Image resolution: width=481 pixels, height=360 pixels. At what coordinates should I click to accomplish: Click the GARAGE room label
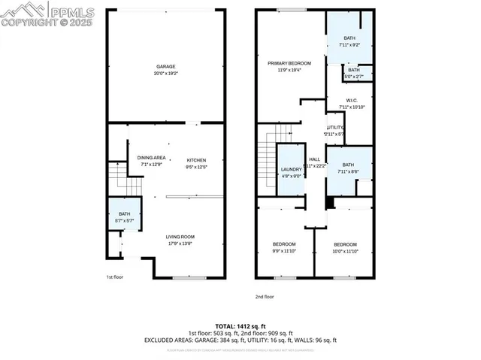[165, 66]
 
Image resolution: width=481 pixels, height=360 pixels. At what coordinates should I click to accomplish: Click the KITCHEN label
[196, 160]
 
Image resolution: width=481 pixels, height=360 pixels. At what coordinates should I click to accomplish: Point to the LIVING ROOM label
[180, 237]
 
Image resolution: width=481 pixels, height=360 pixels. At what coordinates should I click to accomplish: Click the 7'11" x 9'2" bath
[349, 41]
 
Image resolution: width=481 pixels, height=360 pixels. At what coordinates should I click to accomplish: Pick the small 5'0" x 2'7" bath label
[353, 72]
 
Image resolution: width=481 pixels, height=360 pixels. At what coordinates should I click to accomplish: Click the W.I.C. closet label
[351, 101]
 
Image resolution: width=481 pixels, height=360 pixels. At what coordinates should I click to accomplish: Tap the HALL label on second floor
[314, 159]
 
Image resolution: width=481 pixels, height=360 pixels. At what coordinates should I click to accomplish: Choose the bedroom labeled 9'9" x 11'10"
[284, 247]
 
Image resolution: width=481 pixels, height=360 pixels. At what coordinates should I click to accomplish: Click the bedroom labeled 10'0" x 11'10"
[345, 247]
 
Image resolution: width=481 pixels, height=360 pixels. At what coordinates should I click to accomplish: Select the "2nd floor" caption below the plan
[264, 297]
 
